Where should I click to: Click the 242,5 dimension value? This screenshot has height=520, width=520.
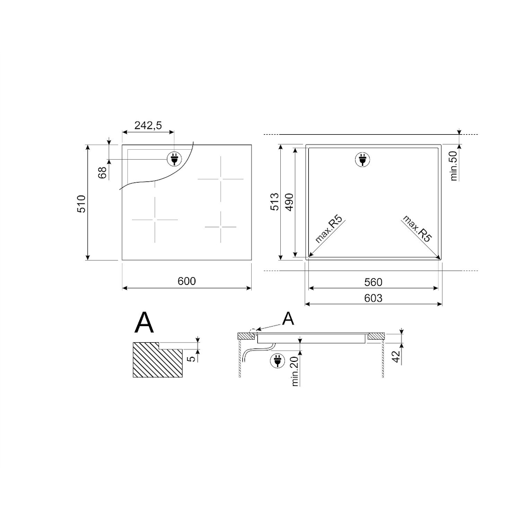[148, 125]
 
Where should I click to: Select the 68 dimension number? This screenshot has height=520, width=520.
[103, 173]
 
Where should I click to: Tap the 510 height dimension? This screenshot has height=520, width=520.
[81, 204]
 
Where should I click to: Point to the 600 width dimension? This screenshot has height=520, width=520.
[187, 281]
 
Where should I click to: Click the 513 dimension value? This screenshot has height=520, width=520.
[275, 202]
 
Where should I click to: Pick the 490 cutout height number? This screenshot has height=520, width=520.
[290, 202]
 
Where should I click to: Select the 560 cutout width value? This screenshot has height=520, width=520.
[373, 282]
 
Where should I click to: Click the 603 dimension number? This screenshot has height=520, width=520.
[373, 298]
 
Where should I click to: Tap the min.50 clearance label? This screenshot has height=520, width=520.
[453, 166]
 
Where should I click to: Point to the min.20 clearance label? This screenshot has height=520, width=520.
[295, 370]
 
